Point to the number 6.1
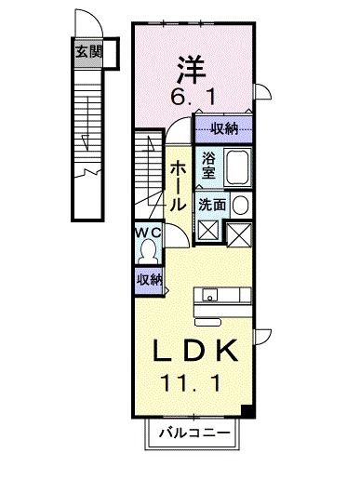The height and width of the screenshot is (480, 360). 193,97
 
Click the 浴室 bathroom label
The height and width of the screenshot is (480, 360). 207,165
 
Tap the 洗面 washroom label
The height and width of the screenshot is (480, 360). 212,205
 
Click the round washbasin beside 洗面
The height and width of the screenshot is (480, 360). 240,205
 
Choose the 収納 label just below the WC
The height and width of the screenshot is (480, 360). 149,279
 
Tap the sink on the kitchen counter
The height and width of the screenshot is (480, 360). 211,297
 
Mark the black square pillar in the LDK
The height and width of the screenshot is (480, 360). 247,410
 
